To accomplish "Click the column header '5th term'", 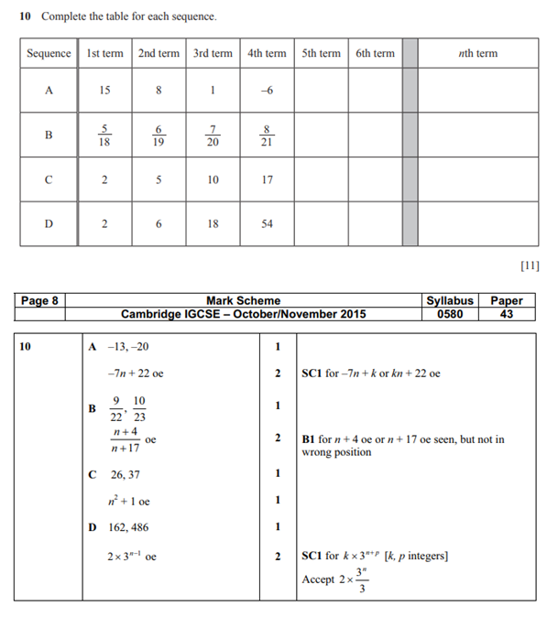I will [321, 53].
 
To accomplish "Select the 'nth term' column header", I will [477, 53].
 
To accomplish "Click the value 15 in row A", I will [104, 91].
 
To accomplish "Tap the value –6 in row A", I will [267, 91].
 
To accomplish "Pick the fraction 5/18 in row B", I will [104, 135].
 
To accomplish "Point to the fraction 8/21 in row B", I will [267, 135].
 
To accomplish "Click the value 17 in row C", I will [267, 179].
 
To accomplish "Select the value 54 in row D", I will [267, 223].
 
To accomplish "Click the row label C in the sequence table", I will [49, 179].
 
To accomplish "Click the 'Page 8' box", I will [39, 300].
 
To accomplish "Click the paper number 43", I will [507, 314].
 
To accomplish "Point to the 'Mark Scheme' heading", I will [244, 300].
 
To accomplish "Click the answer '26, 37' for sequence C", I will [126, 473].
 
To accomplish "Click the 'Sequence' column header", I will [49, 53].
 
